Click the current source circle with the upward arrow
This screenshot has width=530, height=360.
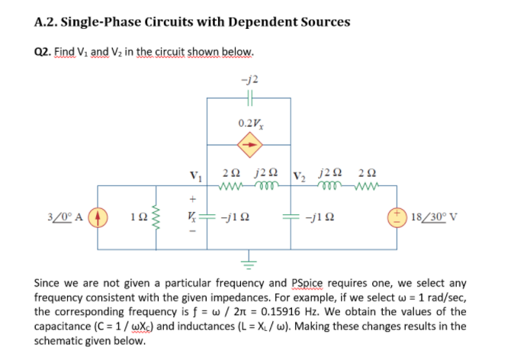(104, 216)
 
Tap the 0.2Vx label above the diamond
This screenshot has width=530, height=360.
(249, 121)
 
